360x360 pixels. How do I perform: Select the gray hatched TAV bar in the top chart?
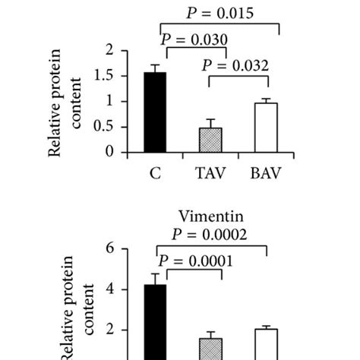pos(211,140)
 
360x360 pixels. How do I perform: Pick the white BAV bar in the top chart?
pos(266,128)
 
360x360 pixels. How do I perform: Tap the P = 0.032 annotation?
pos(235,65)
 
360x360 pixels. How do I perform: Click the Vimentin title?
pos(212,216)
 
